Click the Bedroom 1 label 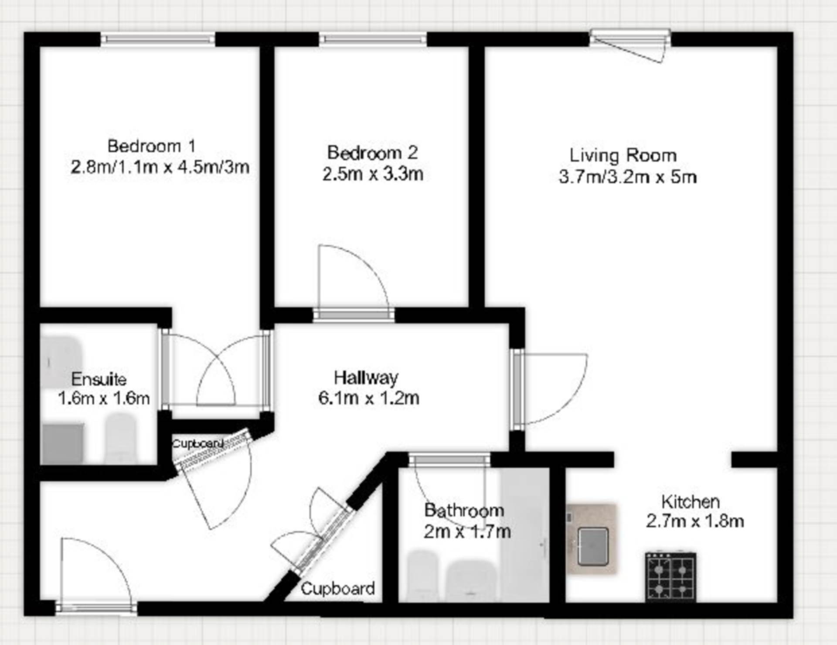coord(151,146)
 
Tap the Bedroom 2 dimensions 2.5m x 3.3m coord(373,174)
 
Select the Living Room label coord(623,156)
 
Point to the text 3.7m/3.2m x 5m coord(627,177)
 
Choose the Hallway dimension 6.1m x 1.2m coord(369,398)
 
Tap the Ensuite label coord(99,379)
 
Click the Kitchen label coord(690,502)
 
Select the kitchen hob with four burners coord(670,577)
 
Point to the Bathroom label coord(464,510)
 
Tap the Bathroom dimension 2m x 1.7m coord(467,532)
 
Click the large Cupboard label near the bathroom coord(337,589)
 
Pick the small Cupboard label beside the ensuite coord(197,444)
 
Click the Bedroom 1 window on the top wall coord(158,39)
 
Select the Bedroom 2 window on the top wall coord(373,39)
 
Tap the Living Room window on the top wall coord(630,38)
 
